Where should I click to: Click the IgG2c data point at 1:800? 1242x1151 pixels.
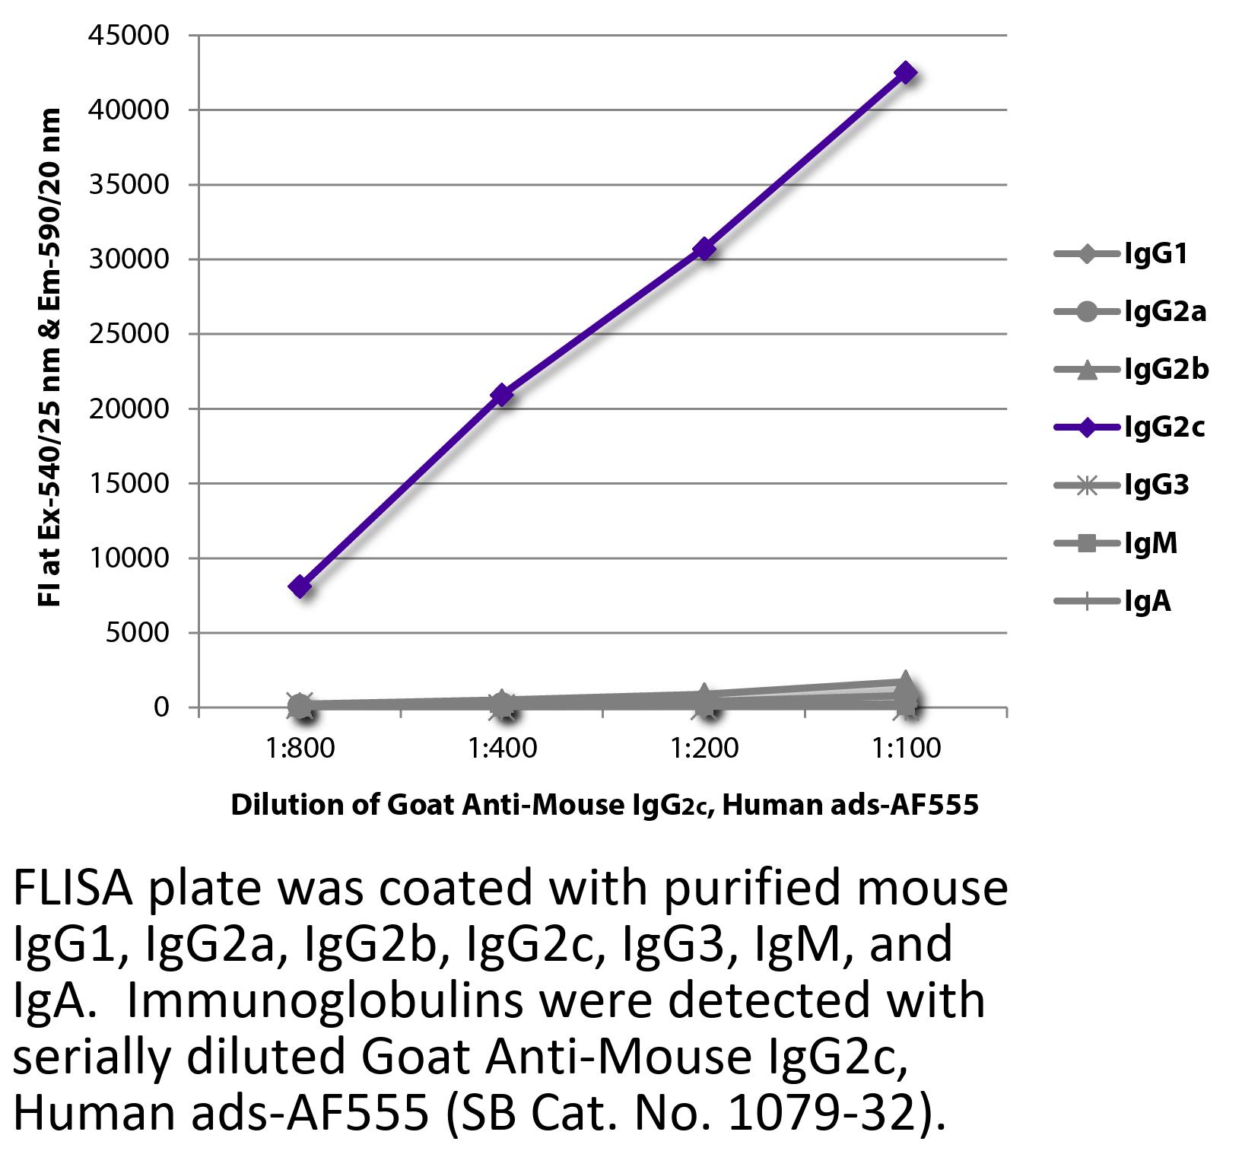point(300,587)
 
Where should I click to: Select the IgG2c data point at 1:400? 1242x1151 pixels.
point(502,395)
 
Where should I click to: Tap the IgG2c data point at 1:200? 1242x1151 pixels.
point(704,249)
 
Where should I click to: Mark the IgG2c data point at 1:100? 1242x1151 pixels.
point(906,73)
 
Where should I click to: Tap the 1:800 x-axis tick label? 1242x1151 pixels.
point(300,748)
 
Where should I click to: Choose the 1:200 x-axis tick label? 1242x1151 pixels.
point(704,748)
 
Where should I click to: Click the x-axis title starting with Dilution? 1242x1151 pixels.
point(604,805)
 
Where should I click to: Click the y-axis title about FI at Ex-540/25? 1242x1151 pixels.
point(49,358)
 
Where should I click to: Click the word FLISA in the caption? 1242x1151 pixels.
point(75,889)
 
